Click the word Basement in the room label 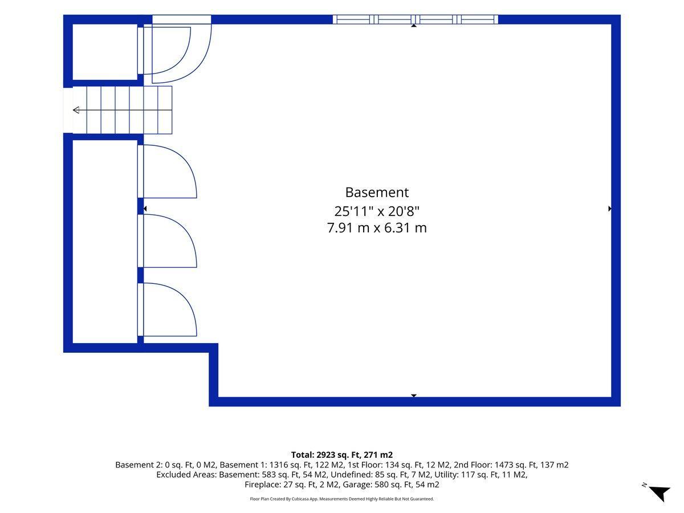tap(376, 193)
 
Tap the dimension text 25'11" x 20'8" tap(377, 211)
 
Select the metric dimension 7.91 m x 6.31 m tap(377, 228)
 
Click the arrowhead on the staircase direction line tap(76, 110)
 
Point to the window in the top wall tap(416, 19)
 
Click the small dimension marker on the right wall tap(610, 209)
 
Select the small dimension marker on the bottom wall tap(413, 396)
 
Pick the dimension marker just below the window tap(413, 26)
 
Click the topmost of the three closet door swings tap(170, 172)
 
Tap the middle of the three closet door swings tap(170, 241)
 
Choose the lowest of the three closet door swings tap(170, 310)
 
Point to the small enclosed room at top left tap(105, 52)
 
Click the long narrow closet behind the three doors tap(105, 242)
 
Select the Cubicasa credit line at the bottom tap(342, 499)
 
